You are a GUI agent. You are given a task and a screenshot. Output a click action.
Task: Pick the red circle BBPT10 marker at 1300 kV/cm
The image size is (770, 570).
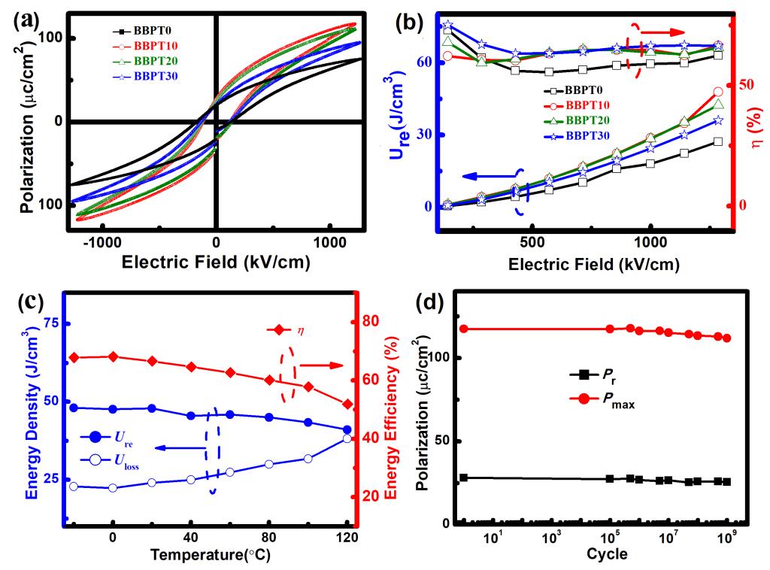click(x=718, y=92)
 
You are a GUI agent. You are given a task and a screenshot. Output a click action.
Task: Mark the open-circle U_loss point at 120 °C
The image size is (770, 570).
click(x=347, y=438)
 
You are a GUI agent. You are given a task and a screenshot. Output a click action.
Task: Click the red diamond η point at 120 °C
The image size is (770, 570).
click(x=347, y=404)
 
